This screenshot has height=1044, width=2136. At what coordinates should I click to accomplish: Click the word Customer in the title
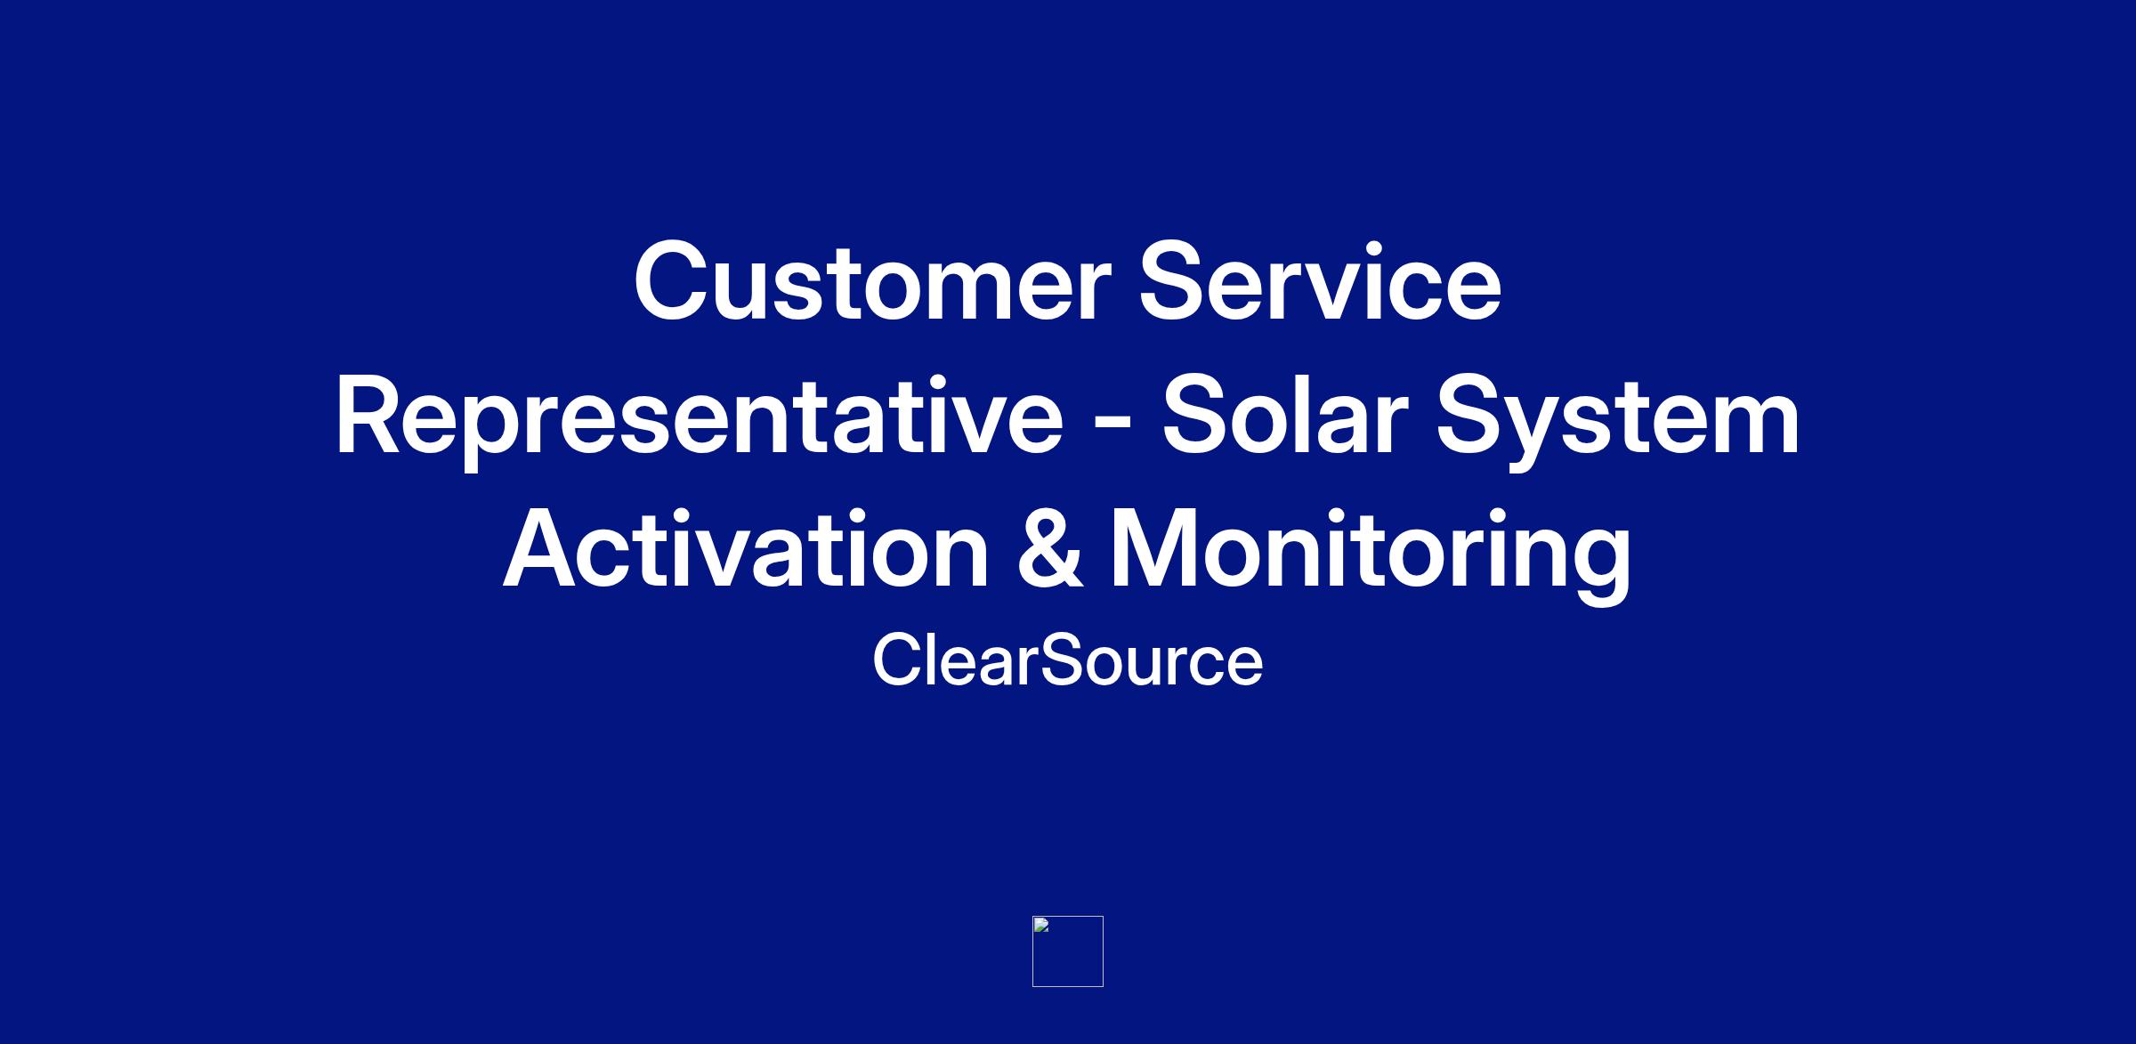[x=873, y=281]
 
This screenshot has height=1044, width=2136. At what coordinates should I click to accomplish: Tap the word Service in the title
[x=1321, y=279]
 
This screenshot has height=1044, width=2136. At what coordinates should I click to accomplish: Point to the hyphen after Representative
[x=1112, y=427]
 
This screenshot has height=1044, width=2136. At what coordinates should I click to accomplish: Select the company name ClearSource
[x=1067, y=660]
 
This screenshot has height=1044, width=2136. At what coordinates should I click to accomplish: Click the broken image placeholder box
[x=1068, y=951]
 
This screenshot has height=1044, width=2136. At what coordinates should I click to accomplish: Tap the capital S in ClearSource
[x=1062, y=660]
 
